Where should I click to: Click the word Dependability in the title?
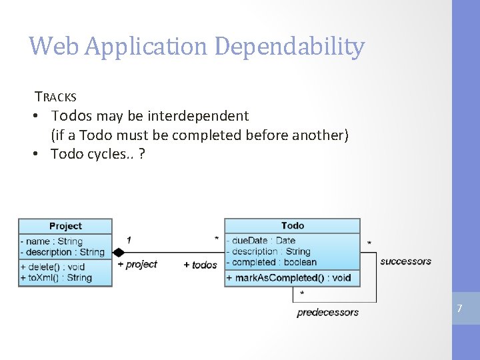tap(290, 46)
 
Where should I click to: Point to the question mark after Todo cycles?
tap(143, 154)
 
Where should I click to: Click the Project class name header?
tap(65, 226)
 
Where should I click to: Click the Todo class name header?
tap(292, 226)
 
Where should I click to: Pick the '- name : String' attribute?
tap(53, 241)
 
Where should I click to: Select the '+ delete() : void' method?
tap(53, 267)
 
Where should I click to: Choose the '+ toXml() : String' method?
tap(56, 277)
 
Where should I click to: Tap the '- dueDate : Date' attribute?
tap(263, 241)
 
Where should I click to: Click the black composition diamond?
tap(119, 252)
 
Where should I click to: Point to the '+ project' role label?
tap(137, 265)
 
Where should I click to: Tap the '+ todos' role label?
tap(200, 265)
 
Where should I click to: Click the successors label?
tap(405, 261)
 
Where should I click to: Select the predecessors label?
tap(327, 312)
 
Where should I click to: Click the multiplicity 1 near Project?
tap(129, 239)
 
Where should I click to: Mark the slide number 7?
tap(459, 309)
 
